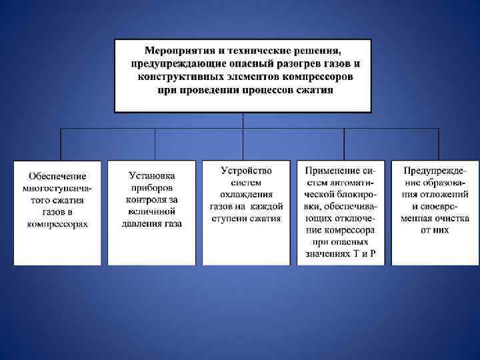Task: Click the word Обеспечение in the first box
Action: [57, 176]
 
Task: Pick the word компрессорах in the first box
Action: [57, 224]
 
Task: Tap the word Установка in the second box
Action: [152, 176]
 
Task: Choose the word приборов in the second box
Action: [152, 188]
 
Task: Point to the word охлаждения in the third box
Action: [246, 194]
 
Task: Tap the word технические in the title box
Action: [251, 51]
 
